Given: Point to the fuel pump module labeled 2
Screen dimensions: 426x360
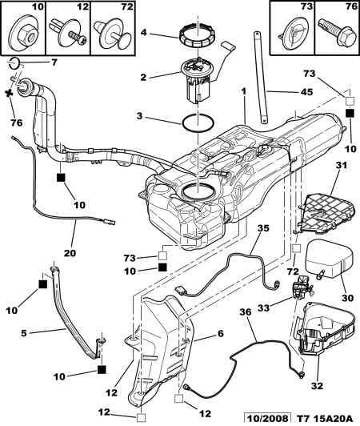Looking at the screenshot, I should click(196, 83).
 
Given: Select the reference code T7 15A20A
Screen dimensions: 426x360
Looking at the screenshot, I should click(324, 418).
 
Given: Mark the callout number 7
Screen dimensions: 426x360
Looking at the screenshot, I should click(31, 62).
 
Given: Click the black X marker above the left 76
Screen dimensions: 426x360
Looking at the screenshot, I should click(10, 94).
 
